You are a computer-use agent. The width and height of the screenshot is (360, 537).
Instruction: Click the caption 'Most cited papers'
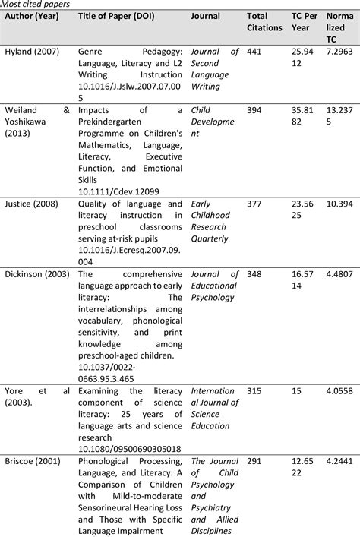point(36,5)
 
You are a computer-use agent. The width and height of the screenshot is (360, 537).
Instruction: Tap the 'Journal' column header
point(206,16)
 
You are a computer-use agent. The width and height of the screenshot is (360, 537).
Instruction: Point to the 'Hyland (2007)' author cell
point(30,51)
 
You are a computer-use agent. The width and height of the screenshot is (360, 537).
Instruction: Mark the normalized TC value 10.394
point(340,204)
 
